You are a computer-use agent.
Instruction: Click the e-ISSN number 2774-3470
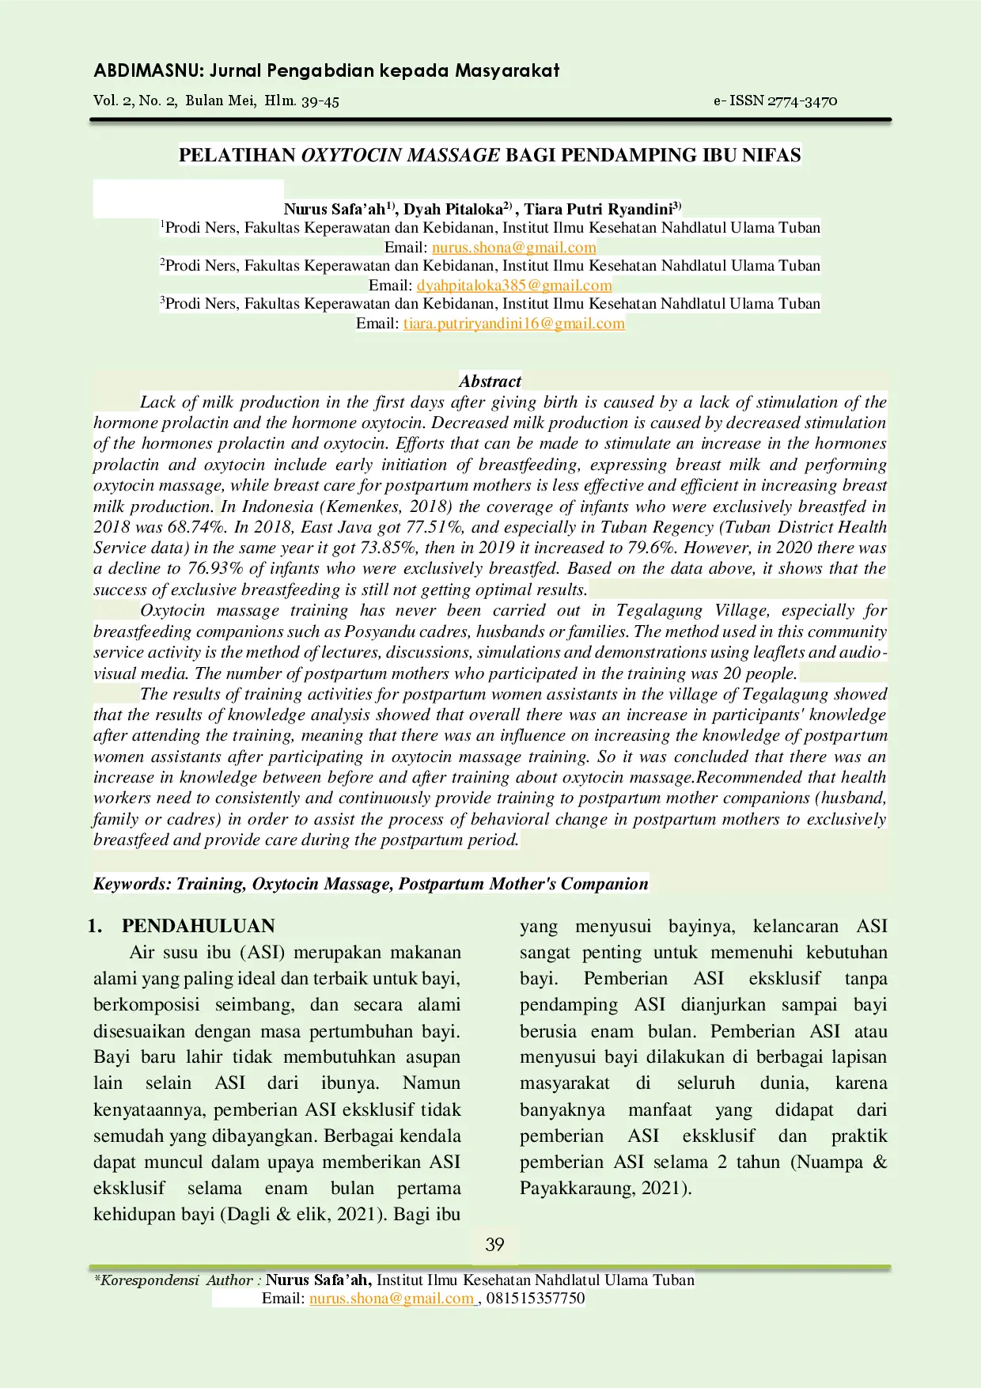click(802, 100)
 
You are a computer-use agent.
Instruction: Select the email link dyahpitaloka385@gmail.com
click(514, 285)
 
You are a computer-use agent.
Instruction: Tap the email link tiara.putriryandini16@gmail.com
click(513, 323)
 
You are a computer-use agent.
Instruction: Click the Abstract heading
click(490, 381)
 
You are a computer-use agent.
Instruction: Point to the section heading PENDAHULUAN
click(198, 926)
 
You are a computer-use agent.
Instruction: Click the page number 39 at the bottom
click(494, 1244)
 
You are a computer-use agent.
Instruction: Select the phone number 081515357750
click(536, 1298)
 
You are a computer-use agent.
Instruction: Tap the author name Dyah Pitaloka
click(453, 209)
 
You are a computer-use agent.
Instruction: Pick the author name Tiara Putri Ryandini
click(598, 209)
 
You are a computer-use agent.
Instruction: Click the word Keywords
click(130, 884)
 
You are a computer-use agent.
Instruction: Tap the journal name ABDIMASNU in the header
click(148, 70)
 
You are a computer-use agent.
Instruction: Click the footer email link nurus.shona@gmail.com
click(391, 1298)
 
